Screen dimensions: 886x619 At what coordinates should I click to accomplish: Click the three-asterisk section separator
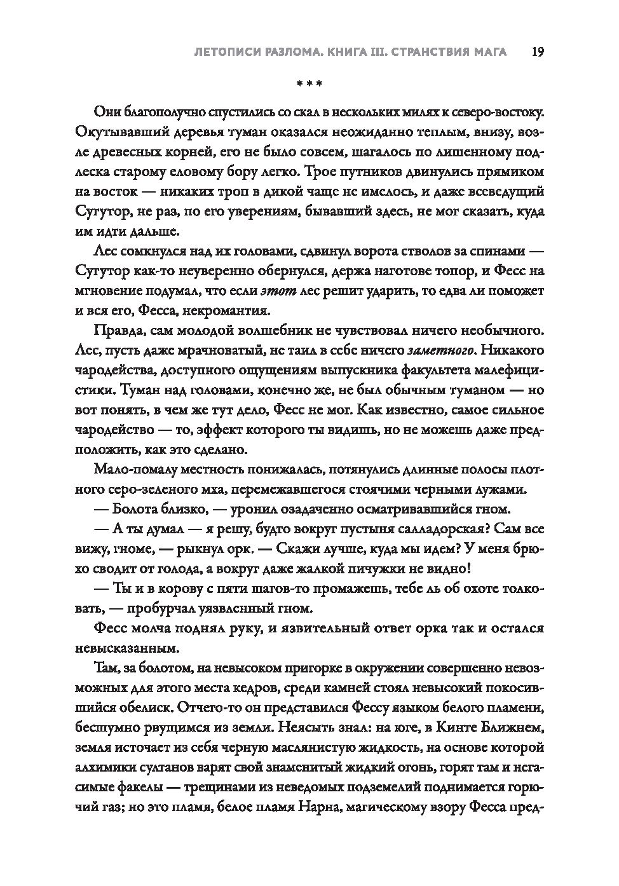click(310, 84)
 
